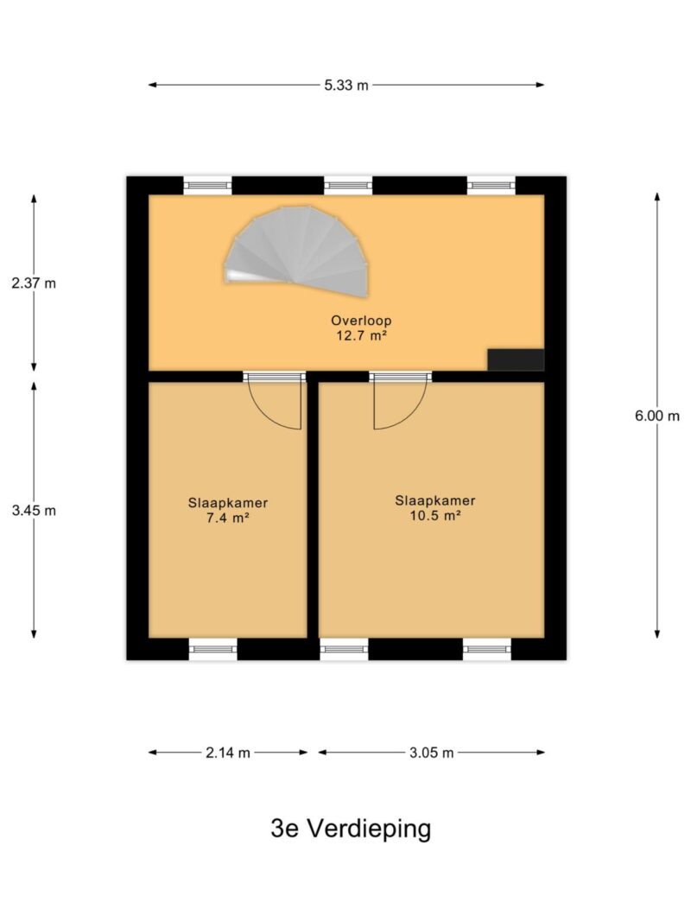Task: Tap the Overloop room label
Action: [x=361, y=321]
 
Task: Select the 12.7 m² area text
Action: [x=361, y=336]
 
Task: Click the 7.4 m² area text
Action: [x=227, y=518]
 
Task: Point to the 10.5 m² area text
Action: [x=434, y=516]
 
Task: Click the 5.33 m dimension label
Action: [x=346, y=86]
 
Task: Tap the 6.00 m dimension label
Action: [x=657, y=416]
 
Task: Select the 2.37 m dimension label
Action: [x=34, y=283]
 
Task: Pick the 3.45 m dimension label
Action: [x=34, y=511]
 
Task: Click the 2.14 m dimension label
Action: [x=228, y=753]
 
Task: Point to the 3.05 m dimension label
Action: [x=432, y=753]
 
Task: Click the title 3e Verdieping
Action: [x=351, y=829]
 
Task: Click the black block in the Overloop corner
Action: [x=516, y=359]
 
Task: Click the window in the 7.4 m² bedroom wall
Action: [x=212, y=649]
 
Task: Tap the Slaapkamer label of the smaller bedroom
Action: [x=228, y=503]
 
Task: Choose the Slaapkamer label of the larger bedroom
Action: [x=434, y=500]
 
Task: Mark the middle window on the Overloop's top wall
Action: [x=348, y=186]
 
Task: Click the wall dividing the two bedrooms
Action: [x=314, y=509]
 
